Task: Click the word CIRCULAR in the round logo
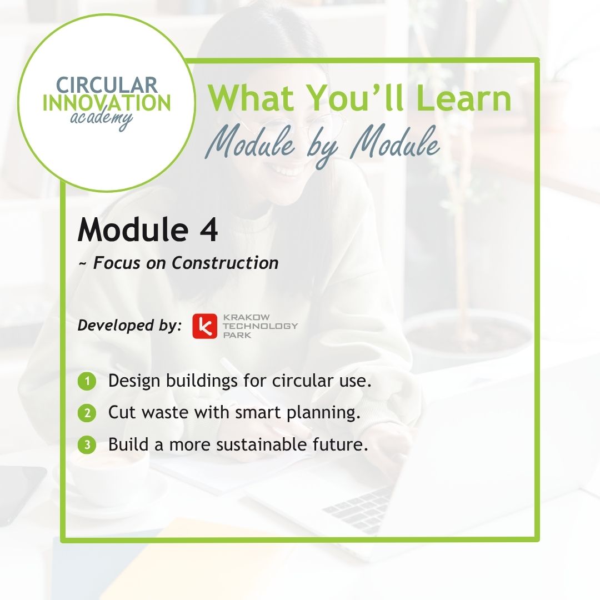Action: point(107,84)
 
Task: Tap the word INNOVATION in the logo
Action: point(107,103)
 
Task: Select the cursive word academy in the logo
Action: point(102,119)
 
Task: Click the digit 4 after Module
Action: point(208,230)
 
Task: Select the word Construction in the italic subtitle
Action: point(225,263)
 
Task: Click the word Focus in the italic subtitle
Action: point(117,263)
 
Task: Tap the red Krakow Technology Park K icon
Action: point(204,326)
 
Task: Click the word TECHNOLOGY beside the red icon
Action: point(260,326)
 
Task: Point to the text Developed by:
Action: point(129,326)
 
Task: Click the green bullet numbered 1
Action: point(87,381)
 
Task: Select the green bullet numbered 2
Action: point(87,413)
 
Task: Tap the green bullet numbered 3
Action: point(87,445)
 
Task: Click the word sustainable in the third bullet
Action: point(261,444)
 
